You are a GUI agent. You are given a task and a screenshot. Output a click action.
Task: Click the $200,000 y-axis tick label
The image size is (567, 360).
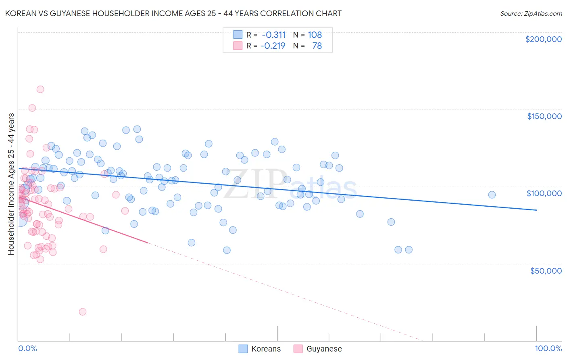click(543, 39)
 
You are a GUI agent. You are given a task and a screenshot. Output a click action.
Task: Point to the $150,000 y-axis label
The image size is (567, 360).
click(544, 116)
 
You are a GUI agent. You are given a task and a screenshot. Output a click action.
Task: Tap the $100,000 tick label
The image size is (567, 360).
click(544, 193)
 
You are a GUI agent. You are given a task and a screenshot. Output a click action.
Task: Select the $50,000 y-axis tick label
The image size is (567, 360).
click(546, 270)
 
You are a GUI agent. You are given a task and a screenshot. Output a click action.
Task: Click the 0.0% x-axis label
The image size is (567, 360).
click(27, 348)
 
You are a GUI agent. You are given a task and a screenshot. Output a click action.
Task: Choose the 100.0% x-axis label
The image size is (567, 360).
click(548, 348)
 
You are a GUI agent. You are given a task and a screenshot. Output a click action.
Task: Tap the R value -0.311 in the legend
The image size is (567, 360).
click(273, 35)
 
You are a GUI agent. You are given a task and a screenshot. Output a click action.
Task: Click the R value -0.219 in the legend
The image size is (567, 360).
click(273, 46)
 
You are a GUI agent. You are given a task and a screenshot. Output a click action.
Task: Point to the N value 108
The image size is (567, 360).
click(315, 35)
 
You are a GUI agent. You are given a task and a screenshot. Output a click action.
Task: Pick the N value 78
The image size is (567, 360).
click(317, 46)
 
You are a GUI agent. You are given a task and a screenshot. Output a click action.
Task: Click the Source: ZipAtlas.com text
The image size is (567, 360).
click(531, 14)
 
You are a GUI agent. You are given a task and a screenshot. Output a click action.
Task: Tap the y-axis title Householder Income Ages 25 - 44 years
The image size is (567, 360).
click(11, 184)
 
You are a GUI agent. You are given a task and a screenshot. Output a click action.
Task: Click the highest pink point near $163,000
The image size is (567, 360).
click(40, 89)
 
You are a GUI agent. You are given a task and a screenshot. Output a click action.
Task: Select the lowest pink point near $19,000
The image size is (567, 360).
click(83, 312)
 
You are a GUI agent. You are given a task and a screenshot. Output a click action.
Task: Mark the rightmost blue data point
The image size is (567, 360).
click(492, 195)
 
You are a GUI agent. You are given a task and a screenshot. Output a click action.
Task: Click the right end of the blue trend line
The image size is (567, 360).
click(536, 210)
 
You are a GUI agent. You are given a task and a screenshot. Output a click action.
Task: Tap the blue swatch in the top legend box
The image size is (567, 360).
click(238, 35)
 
